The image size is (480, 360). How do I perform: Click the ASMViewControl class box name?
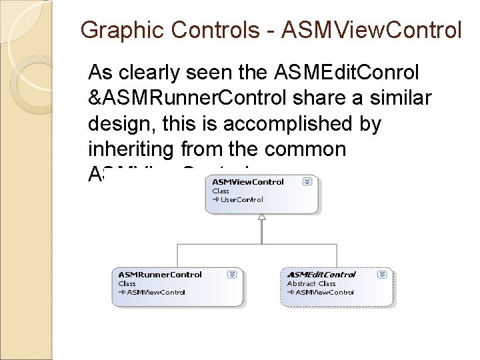(x=248, y=181)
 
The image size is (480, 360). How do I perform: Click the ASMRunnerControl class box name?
(x=160, y=274)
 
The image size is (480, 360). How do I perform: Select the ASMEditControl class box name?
(x=321, y=274)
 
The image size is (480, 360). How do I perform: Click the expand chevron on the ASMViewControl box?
(x=306, y=181)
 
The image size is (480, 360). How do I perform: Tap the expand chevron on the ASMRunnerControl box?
(x=231, y=274)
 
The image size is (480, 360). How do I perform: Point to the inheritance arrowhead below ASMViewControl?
(x=262, y=217)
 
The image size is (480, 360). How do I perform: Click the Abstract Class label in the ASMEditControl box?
(x=311, y=283)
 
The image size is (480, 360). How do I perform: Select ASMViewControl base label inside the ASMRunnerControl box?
(x=156, y=292)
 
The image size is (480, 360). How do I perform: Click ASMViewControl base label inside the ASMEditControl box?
(x=324, y=292)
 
